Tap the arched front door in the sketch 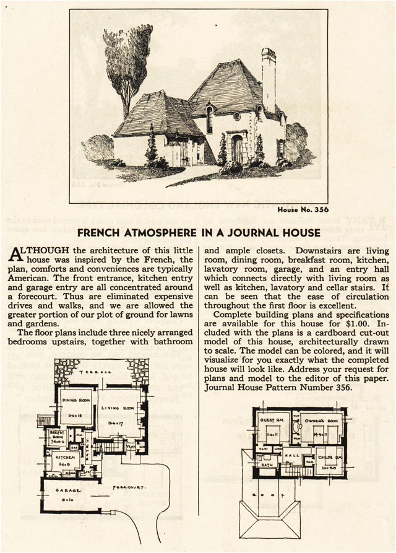[237, 149]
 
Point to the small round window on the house [236, 116]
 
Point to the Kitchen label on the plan [65, 457]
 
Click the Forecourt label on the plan [129, 488]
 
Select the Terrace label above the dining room [101, 372]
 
